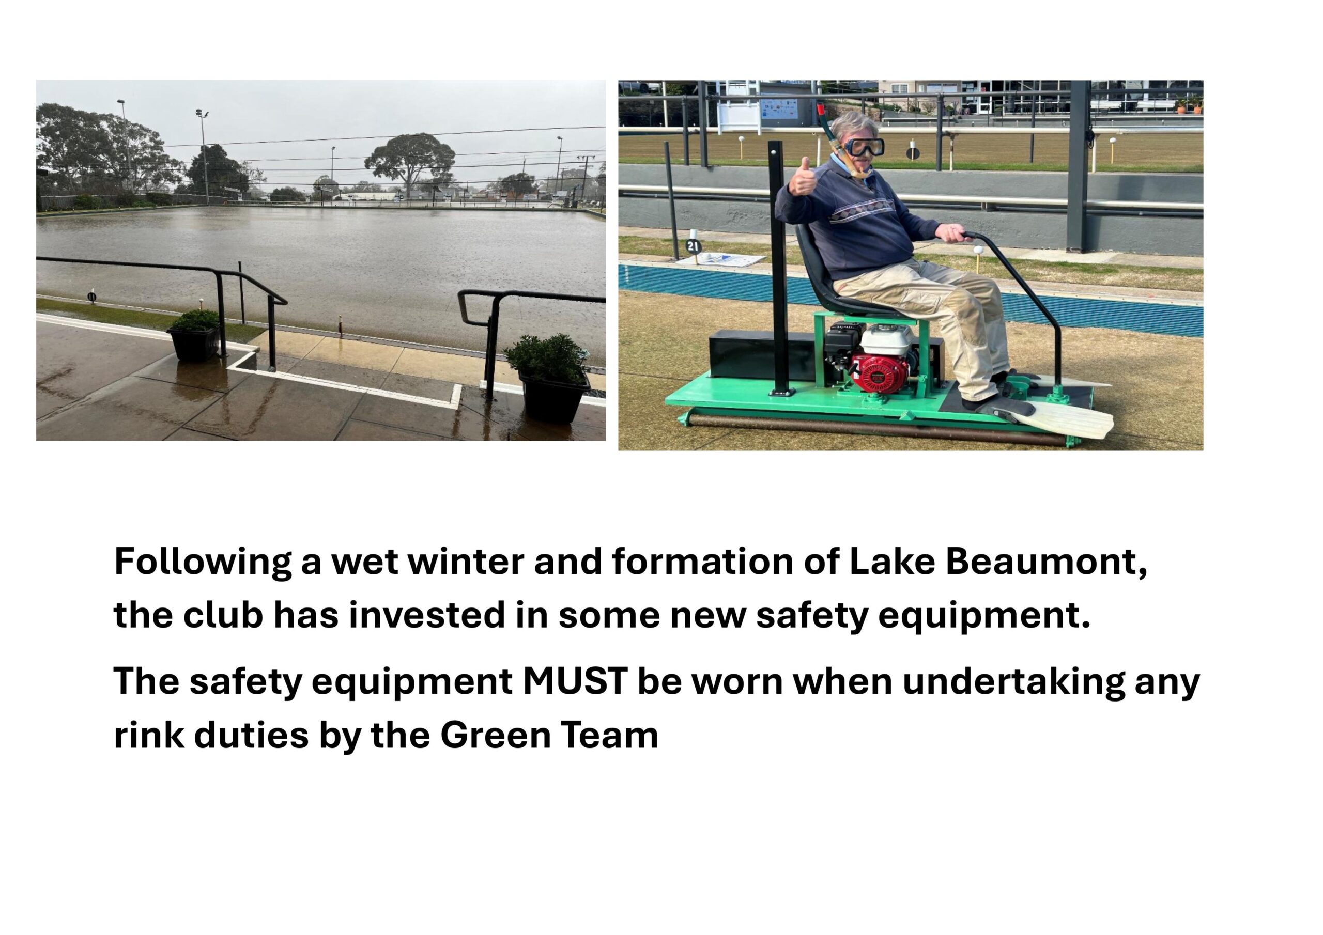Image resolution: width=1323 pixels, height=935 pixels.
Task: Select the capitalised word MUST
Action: coord(576,681)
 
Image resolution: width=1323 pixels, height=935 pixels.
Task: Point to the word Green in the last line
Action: coord(496,736)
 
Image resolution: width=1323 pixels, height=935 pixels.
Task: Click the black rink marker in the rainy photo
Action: coord(91,296)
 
